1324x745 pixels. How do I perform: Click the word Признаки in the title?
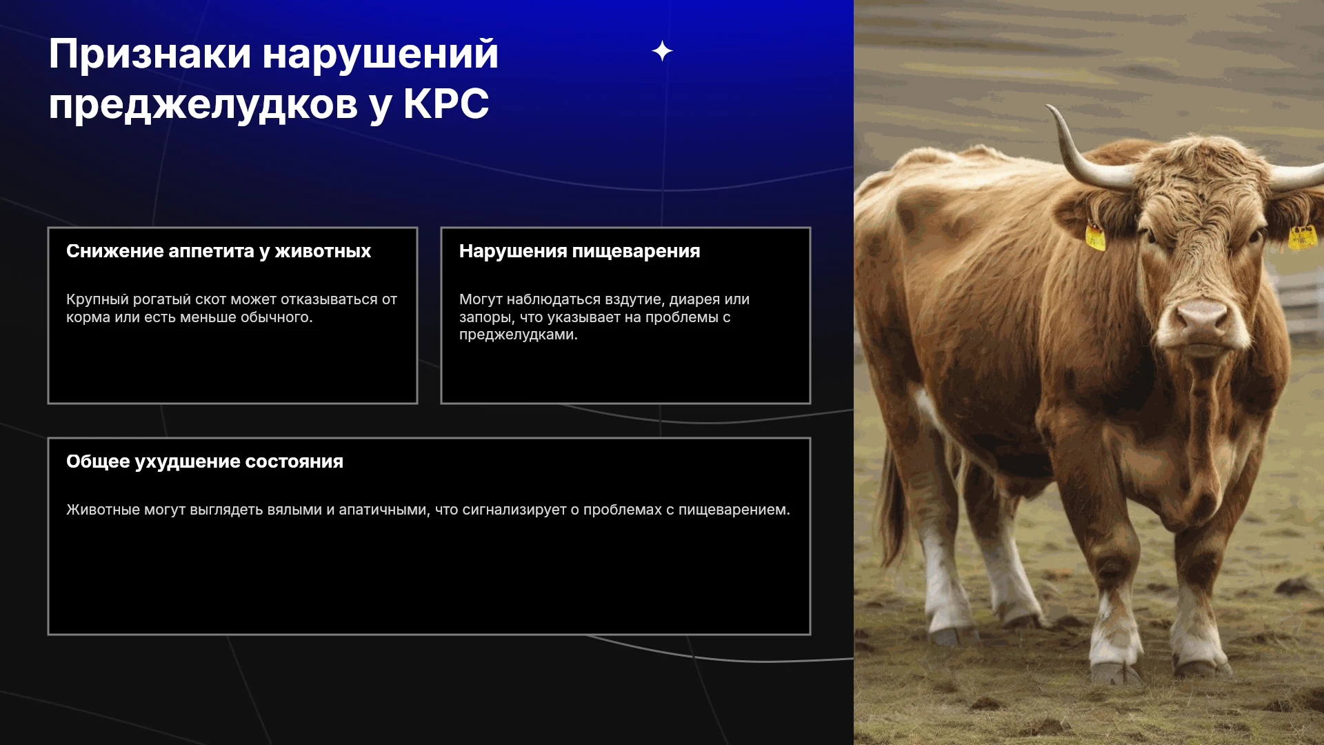click(150, 54)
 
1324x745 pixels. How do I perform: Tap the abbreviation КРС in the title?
click(445, 104)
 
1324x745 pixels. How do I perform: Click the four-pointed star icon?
click(662, 51)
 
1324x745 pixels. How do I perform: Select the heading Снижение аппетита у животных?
click(219, 251)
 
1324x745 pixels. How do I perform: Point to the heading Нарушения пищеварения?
click(579, 251)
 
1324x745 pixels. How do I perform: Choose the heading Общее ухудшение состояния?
click(205, 461)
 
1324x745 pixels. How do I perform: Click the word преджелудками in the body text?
click(519, 335)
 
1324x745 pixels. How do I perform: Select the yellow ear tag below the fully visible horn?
click(1095, 236)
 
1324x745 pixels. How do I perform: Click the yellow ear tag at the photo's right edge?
click(1302, 237)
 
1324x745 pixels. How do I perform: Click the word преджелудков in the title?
click(203, 106)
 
